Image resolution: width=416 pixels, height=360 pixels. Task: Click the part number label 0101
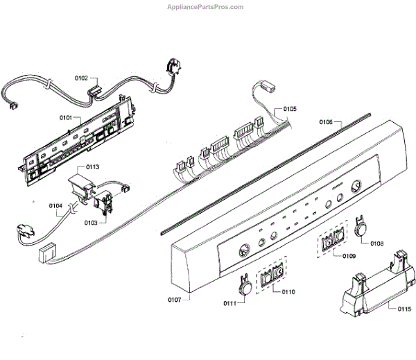click(66, 119)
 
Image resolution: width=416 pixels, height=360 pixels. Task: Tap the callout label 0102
click(81, 79)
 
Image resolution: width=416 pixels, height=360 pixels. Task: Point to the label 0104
click(56, 206)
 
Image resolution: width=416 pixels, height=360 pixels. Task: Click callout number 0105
click(289, 109)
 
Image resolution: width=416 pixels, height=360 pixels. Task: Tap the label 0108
click(376, 243)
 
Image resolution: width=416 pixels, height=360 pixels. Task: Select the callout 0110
click(288, 292)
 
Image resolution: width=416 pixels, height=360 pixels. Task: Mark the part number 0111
click(230, 303)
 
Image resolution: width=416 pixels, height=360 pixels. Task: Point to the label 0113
click(92, 167)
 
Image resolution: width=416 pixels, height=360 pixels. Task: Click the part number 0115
click(404, 309)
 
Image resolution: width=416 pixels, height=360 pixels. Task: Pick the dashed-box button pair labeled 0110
click(271, 276)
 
